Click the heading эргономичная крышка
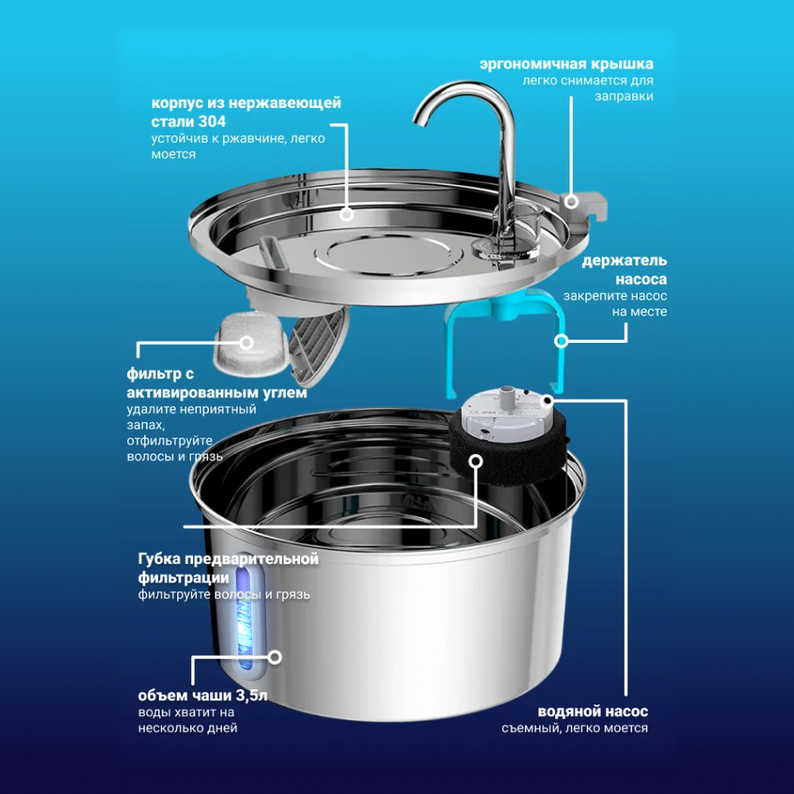tap(566, 64)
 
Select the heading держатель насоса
tap(624, 270)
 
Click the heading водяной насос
tap(592, 711)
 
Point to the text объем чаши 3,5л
tap(202, 696)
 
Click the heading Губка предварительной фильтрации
tap(229, 569)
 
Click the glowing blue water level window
tap(245, 615)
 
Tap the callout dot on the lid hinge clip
tap(572, 202)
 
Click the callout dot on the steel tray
tap(346, 214)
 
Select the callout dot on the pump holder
tap(561, 341)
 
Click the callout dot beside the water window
tap(275, 657)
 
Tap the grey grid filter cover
tap(319, 339)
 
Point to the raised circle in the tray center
tap(388, 255)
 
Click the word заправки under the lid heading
tap(624, 96)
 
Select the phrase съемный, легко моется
tap(575, 728)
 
